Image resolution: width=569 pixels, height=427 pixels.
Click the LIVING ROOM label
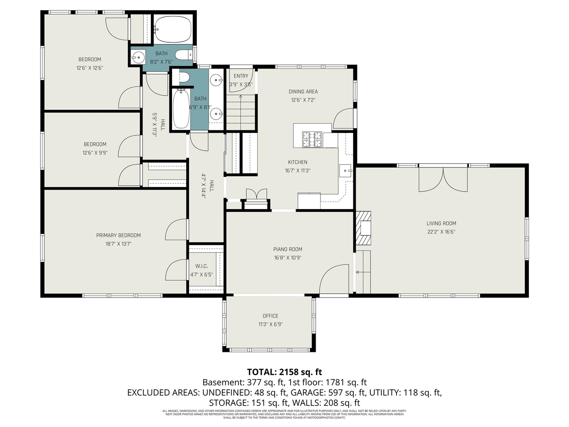pyautogui.click(x=441, y=223)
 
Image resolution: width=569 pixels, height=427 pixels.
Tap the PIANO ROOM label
pyautogui.click(x=288, y=249)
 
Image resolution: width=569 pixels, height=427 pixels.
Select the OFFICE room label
pyautogui.click(x=270, y=316)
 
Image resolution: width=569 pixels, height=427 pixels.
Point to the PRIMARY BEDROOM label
pyautogui.click(x=118, y=235)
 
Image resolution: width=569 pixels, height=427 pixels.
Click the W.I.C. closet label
pyautogui.click(x=201, y=266)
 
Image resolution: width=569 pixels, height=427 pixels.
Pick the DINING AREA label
pyautogui.click(x=303, y=92)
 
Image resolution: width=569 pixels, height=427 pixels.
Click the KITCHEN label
pyautogui.click(x=297, y=162)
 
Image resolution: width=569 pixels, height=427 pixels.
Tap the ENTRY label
pyautogui.click(x=241, y=76)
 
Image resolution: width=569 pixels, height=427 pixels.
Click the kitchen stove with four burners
pyautogui.click(x=312, y=140)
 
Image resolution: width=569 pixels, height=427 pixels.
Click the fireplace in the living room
pyautogui.click(x=364, y=228)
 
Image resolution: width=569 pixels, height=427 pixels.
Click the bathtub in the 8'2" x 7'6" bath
pyautogui.click(x=173, y=29)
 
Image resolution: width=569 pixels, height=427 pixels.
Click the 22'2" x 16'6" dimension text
pyautogui.click(x=441, y=232)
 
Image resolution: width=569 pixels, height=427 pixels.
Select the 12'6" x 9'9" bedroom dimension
pyautogui.click(x=95, y=153)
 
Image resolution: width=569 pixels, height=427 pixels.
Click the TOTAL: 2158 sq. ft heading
pyautogui.click(x=284, y=372)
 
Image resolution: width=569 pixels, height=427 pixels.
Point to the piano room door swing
pyautogui.click(x=333, y=279)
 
